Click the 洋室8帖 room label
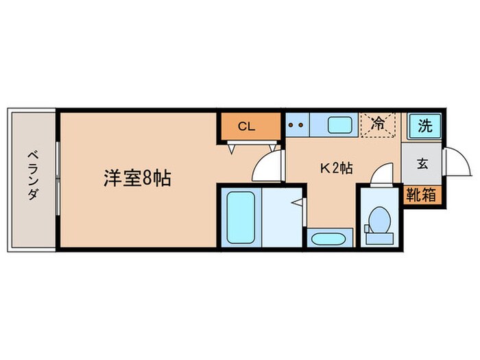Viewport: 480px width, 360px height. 137,180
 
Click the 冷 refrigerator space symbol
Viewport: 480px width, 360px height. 378,125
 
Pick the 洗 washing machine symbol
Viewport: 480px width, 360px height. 425,126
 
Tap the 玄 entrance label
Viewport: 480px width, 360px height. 422,164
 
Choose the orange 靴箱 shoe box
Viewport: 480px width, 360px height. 421,195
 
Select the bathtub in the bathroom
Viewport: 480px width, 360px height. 240,216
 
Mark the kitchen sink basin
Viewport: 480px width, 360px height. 339,125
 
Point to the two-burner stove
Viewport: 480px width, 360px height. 297,125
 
